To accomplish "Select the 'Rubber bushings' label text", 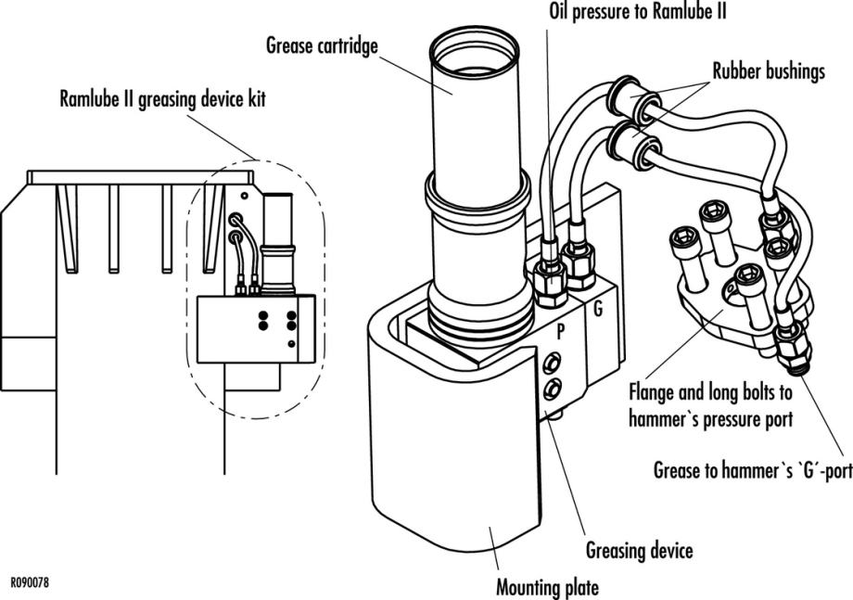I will point(768,71).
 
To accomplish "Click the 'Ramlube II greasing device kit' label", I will point(161,98).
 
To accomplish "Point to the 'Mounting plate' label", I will point(547,586).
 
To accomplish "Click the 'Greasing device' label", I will point(639,551).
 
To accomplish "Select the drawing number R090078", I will point(30,583).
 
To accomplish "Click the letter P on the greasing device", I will point(559,329).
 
